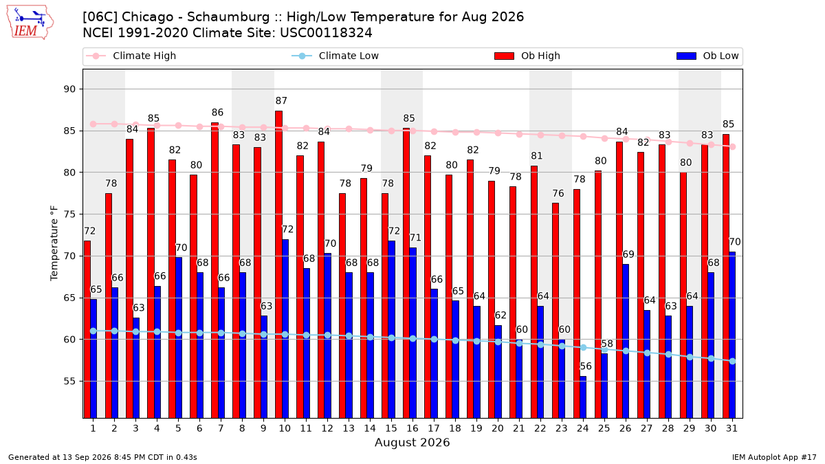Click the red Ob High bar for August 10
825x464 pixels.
pyautogui.click(x=279, y=265)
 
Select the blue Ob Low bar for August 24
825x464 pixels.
pyautogui.click(x=583, y=397)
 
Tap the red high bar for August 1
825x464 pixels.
pyautogui.click(x=87, y=329)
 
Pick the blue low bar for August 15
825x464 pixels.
pyautogui.click(x=391, y=329)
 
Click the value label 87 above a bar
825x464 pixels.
pyautogui.click(x=281, y=100)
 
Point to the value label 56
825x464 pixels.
pyautogui.click(x=586, y=366)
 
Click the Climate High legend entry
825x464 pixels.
pyautogui.click(x=131, y=56)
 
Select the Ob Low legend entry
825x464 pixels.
pyautogui.click(x=707, y=56)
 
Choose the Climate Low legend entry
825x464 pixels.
pyautogui.click(x=335, y=56)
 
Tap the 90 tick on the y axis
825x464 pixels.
pyautogui.click(x=69, y=89)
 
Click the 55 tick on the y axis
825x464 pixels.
pyautogui.click(x=69, y=381)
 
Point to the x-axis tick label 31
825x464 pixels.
pyautogui.click(x=731, y=428)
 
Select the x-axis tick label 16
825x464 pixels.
pyautogui.click(x=412, y=428)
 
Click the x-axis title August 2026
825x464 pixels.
pyautogui.click(x=412, y=442)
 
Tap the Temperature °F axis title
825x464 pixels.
pyautogui.click(x=54, y=243)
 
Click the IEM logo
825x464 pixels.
pyautogui.click(x=30, y=23)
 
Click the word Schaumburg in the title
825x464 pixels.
pyautogui.click(x=228, y=17)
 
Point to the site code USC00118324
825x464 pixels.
pyautogui.click(x=326, y=33)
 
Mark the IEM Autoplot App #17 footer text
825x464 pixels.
pyautogui.click(x=774, y=457)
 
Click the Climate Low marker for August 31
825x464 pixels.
pyautogui.click(x=732, y=362)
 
